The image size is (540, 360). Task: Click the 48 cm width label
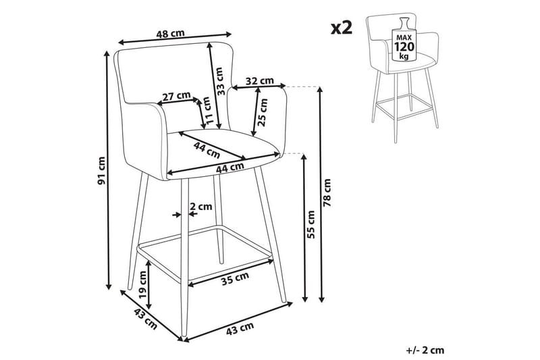coord(170,34)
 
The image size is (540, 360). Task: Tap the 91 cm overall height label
coord(102,170)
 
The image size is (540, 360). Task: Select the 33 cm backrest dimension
coord(219,81)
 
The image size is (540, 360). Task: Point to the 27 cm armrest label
coord(176,96)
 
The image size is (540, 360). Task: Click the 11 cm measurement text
coord(207,111)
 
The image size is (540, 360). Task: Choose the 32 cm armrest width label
coord(260,81)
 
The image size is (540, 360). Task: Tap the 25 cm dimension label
coord(263,112)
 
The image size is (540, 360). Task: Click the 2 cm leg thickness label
coord(200,207)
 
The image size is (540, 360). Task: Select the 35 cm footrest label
coord(235,278)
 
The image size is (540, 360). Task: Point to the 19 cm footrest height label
coord(142,284)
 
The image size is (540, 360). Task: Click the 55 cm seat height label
coord(311,224)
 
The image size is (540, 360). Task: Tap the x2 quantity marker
coord(342,28)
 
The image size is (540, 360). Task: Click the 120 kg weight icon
coord(404,41)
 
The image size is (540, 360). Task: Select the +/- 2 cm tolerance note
coord(425,351)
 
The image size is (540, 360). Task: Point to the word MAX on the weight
coord(404,37)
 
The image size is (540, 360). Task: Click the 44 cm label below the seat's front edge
coord(230,168)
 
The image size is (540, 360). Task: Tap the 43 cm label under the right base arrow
coord(240,329)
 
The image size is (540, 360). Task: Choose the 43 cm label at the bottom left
coord(145,319)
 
